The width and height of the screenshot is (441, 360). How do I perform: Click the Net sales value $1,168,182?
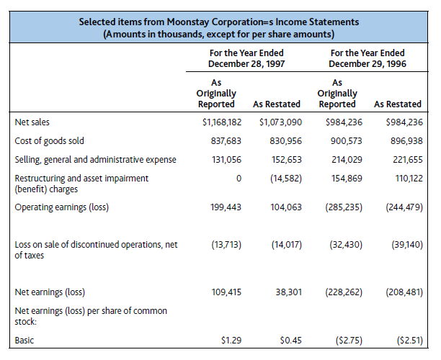[221, 123]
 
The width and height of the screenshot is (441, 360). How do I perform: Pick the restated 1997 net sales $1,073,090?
[280, 123]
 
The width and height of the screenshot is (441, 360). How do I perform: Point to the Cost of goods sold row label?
[50, 141]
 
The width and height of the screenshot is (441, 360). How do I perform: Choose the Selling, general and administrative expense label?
[95, 159]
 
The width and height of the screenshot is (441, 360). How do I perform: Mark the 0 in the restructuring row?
[238, 177]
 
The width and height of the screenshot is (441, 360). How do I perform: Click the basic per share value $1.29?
[230, 340]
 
